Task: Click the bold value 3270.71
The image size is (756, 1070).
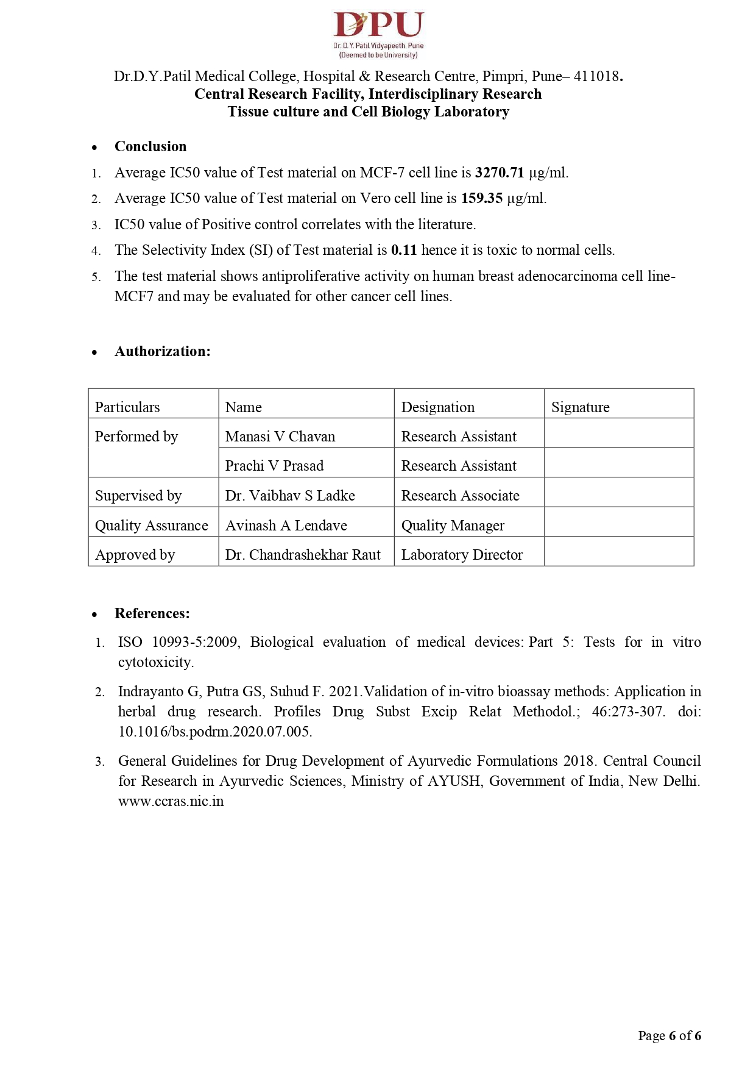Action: pos(500,173)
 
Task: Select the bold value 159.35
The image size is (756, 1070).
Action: pos(482,198)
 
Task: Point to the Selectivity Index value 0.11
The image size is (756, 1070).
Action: pos(404,250)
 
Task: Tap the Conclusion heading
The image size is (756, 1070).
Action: pos(150,146)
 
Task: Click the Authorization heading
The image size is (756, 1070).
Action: pos(162,351)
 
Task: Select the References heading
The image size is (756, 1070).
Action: pos(152,613)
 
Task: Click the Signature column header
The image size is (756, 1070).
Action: pos(580,407)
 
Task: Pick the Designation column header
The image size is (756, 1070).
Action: pos(437,407)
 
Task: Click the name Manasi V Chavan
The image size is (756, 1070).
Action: pos(280,437)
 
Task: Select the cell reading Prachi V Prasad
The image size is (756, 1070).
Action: pos(274,466)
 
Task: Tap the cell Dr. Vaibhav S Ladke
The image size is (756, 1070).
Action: pos(290,496)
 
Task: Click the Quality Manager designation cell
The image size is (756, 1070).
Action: pos(453,526)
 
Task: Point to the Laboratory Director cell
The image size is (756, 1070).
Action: pos(462,555)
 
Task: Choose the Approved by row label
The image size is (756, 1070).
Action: pos(135,555)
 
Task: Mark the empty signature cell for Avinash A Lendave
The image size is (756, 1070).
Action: pos(618,523)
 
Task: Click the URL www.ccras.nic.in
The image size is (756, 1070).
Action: pos(171,801)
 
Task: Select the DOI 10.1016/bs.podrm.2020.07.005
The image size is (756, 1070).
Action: pos(215,732)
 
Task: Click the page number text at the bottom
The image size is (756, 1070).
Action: pos(669,1035)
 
